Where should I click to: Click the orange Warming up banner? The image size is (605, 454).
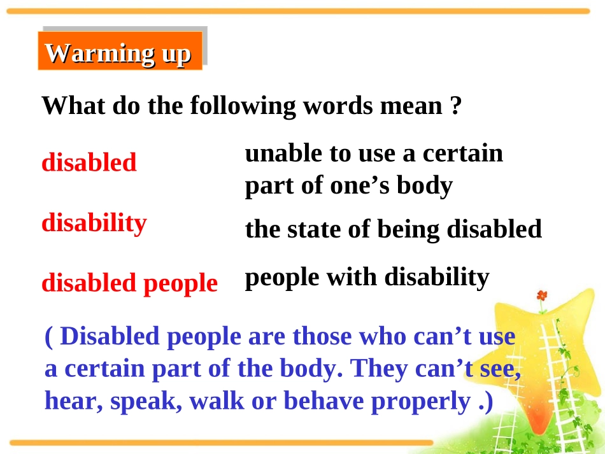pos(120,50)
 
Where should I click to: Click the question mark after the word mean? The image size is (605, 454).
pos(456,105)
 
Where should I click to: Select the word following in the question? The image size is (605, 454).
pos(243,106)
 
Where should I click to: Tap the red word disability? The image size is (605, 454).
pos(94,223)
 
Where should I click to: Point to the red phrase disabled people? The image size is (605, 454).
pos(130,283)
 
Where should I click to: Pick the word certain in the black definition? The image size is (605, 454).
pos(463,153)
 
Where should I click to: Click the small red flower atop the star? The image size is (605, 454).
pos(542,296)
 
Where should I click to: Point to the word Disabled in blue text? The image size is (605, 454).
pos(110,336)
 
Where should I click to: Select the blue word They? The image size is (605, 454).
pos(378,369)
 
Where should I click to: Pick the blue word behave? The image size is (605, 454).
pos(324,401)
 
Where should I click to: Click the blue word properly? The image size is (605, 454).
pos(420,402)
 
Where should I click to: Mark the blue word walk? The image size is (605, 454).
pos(217,401)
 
